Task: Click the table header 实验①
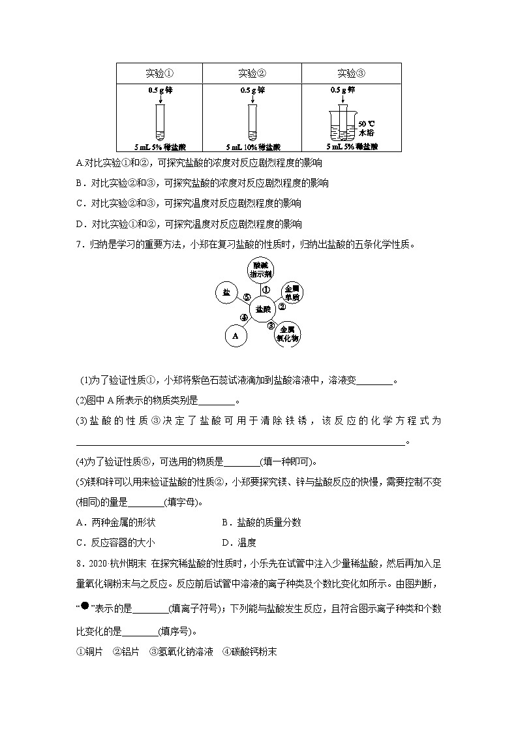coord(160,73)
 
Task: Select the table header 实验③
coord(351,73)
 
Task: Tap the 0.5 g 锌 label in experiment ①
coord(160,91)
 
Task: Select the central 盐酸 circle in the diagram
coord(263,307)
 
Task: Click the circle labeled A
coord(236,336)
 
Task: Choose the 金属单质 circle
coord(292,292)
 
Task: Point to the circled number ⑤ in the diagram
coord(247,296)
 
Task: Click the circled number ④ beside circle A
coord(243,319)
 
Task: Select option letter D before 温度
coord(225,542)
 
